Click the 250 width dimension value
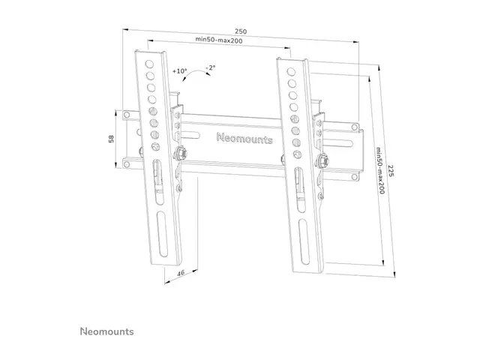point(241,31)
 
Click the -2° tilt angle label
point(210,67)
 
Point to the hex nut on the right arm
point(321,160)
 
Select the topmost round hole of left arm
point(149,64)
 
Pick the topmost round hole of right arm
point(290,69)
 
